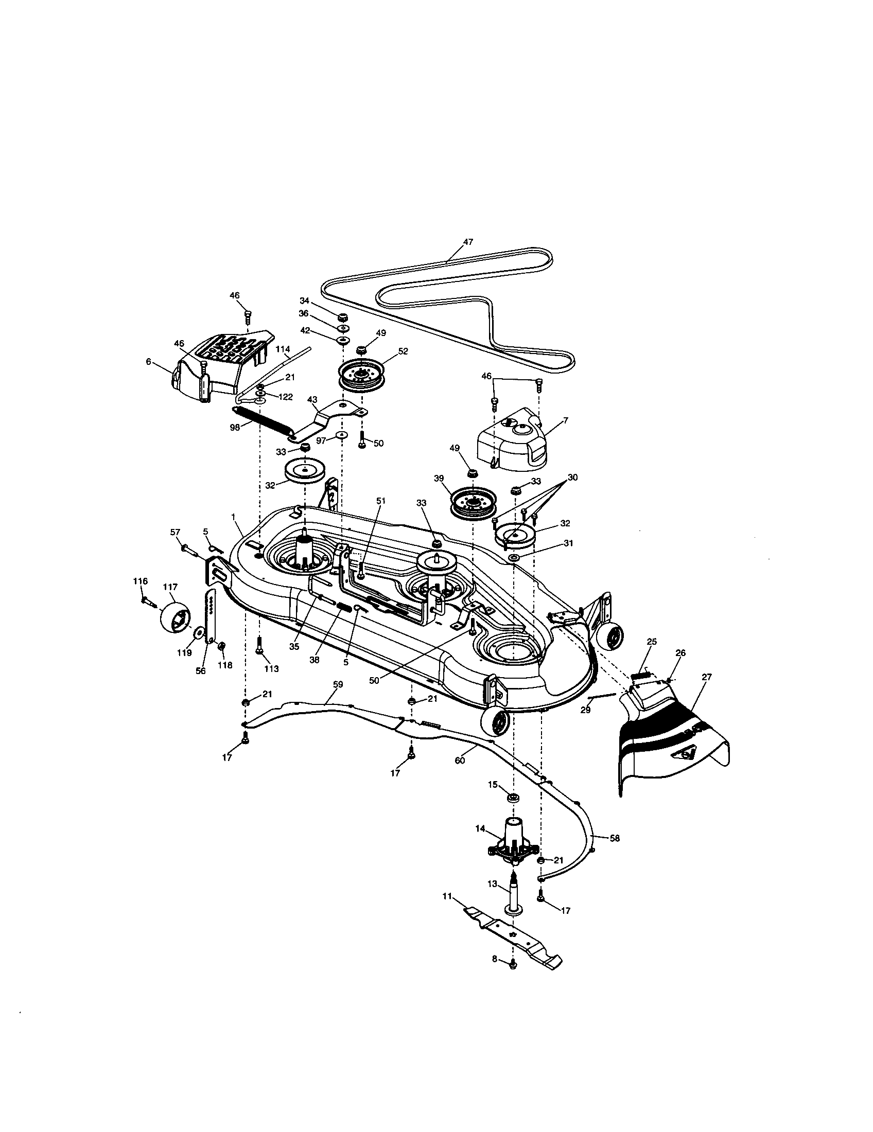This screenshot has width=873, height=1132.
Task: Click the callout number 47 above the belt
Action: (468, 242)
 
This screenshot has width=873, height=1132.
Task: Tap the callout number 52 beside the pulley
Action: (403, 351)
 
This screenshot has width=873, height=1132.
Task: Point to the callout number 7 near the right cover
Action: (565, 420)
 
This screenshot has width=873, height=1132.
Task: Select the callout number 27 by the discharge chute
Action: (707, 677)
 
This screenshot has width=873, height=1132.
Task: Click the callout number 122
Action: (285, 397)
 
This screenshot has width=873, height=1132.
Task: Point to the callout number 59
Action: (338, 685)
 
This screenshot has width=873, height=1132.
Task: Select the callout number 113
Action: (271, 668)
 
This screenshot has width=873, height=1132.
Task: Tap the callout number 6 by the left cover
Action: (149, 362)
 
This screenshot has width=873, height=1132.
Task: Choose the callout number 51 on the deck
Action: (381, 501)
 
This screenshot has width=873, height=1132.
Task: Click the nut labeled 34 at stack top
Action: (342, 317)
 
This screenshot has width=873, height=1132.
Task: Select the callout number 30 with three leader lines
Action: (572, 477)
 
